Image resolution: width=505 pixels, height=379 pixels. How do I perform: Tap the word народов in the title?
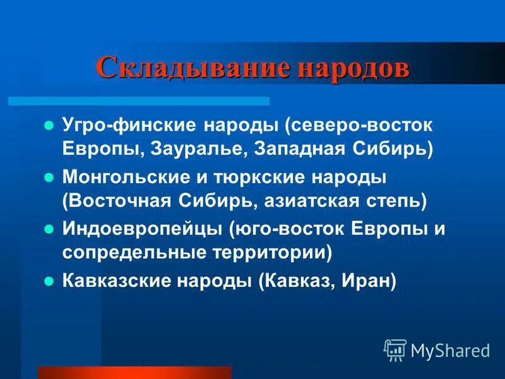(x=350, y=68)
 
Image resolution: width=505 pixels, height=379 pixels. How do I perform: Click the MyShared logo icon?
(x=396, y=349)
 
